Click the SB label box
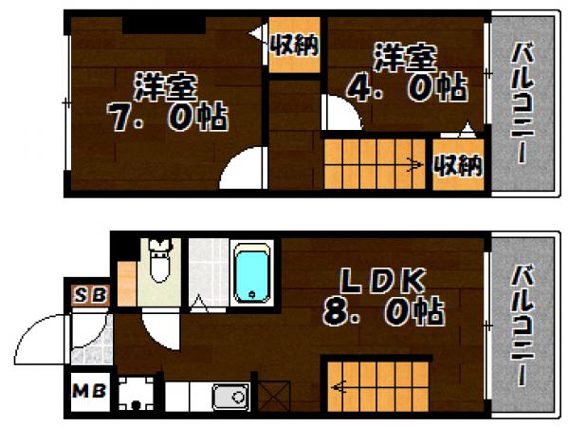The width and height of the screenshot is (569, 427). pos(91,294)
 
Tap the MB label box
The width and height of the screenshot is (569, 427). pos(90,390)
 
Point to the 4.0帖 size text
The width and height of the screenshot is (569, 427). pos(405,90)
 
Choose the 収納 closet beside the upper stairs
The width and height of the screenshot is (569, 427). pos(459,164)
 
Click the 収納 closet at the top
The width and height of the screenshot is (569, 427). pos(292,44)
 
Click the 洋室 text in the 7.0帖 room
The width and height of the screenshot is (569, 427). pos(165,87)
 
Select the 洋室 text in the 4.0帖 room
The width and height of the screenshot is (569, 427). pos(405,59)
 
